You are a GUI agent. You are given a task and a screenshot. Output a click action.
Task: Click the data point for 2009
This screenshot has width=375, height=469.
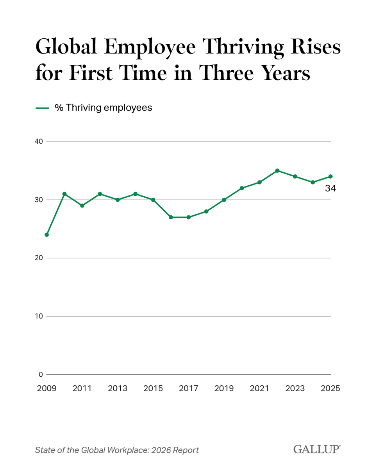click(x=47, y=235)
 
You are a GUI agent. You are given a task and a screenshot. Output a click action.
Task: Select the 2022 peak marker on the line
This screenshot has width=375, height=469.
click(x=277, y=171)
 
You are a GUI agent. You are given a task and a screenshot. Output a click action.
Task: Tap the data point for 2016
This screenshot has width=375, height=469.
click(x=171, y=217)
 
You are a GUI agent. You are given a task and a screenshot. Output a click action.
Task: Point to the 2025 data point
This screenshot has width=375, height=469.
click(x=330, y=177)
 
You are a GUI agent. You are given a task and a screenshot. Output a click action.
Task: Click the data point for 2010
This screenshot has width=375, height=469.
click(x=64, y=194)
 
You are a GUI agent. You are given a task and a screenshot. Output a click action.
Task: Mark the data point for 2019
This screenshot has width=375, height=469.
click(x=224, y=200)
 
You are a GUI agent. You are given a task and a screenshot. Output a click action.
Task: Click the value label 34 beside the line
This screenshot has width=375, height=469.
click(x=330, y=189)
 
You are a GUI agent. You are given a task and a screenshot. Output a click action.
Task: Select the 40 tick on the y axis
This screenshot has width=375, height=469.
click(x=39, y=141)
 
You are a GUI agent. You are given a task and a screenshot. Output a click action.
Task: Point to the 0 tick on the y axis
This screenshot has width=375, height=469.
click(x=41, y=374)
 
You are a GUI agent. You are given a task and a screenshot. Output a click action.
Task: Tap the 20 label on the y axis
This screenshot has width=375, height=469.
click(x=39, y=258)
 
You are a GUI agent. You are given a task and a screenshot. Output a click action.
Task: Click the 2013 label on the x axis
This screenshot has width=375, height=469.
click(x=118, y=388)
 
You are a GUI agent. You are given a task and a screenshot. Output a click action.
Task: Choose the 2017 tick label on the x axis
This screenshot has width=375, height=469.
click(x=189, y=388)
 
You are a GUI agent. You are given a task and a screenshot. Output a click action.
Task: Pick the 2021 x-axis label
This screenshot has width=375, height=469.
click(x=260, y=388)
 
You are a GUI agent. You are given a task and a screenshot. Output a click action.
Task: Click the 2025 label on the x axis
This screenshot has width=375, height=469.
click(x=330, y=388)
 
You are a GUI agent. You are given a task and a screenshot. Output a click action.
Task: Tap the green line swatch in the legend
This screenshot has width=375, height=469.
click(x=42, y=108)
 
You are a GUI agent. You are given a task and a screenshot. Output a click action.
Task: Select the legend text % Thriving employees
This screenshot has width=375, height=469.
click(x=104, y=108)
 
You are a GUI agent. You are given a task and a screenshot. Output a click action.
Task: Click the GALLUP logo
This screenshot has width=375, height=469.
click(x=317, y=449)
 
